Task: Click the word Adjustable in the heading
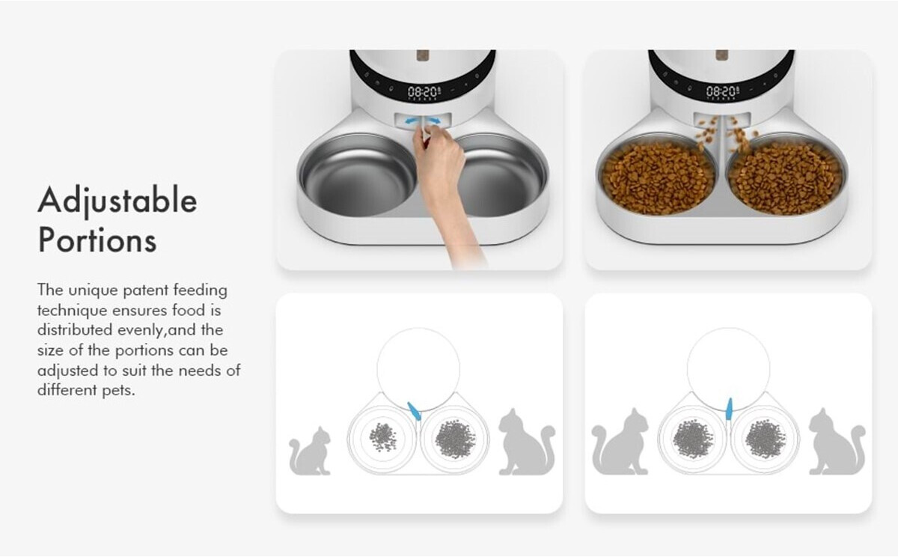click(117, 201)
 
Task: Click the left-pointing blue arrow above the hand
click(412, 121)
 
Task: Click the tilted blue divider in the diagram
click(414, 411)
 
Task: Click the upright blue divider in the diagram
click(729, 409)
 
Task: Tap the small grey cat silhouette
click(310, 451)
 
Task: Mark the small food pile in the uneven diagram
click(383, 437)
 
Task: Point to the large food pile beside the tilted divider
click(455, 439)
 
